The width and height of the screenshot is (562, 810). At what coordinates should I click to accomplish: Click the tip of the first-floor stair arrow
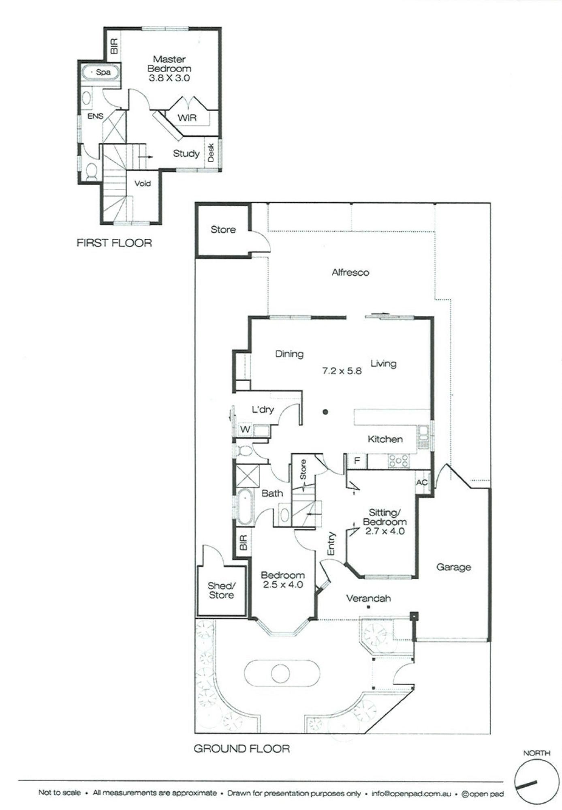pyautogui.click(x=153, y=157)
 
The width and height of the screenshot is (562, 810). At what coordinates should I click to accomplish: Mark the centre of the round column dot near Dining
pyautogui.click(x=325, y=412)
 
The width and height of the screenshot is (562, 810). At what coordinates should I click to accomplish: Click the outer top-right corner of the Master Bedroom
pyautogui.click(x=221, y=28)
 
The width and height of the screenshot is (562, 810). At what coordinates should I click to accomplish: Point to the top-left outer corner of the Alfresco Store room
pyautogui.click(x=196, y=204)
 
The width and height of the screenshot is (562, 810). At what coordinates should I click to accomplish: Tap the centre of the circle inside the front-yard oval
pyautogui.click(x=280, y=674)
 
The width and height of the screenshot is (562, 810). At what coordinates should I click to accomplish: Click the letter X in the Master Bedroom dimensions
pyautogui.click(x=169, y=78)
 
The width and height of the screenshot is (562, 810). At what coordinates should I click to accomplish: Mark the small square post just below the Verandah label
pyautogui.click(x=368, y=607)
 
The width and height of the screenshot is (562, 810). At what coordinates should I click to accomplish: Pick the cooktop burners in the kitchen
pyautogui.click(x=399, y=461)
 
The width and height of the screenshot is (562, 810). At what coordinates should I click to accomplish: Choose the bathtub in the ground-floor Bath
pyautogui.click(x=244, y=507)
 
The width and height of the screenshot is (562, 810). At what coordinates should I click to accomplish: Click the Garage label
pyautogui.click(x=453, y=567)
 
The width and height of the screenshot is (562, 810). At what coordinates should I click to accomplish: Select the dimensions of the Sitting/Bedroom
pyautogui.click(x=385, y=531)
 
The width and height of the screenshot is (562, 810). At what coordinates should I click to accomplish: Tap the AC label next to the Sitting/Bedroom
pyautogui.click(x=422, y=482)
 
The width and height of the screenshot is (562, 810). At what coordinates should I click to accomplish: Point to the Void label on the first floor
pyautogui.click(x=143, y=184)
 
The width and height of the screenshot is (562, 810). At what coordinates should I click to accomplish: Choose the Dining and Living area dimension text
pyautogui.click(x=342, y=371)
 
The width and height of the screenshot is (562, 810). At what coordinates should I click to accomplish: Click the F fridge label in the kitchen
pyautogui.click(x=357, y=461)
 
